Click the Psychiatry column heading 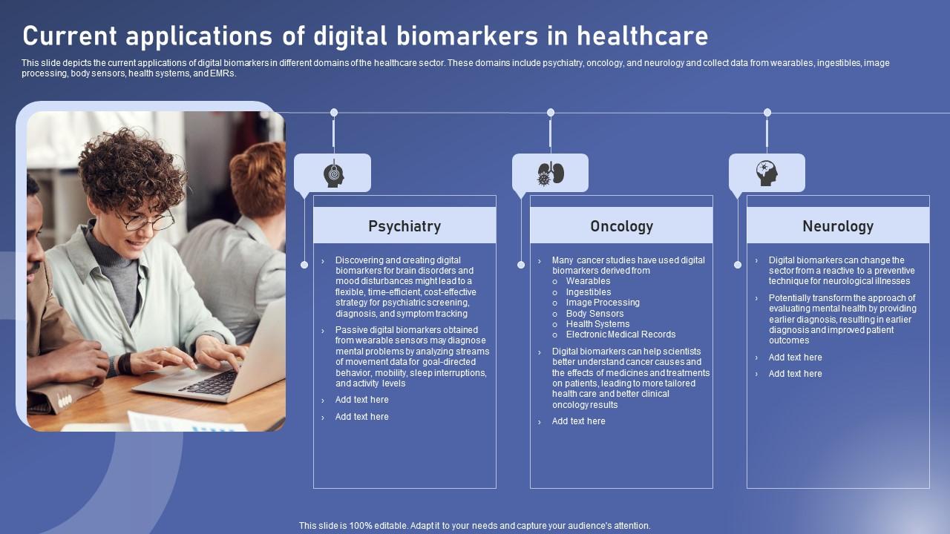coord(404,226)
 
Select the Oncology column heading coord(621,226)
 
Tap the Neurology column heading coord(838,226)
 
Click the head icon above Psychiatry coord(333,175)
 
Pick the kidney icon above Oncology coord(550,174)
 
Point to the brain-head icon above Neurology coord(767,174)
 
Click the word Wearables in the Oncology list coord(588,281)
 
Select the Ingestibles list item coord(589,292)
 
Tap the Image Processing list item coord(603,303)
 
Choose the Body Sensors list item coord(594,314)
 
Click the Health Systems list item coord(597,324)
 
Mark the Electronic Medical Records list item coord(620,334)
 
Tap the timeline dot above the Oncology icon coord(551,113)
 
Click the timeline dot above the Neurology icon coord(767,113)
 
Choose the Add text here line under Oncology coord(578,421)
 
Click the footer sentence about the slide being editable coord(475,526)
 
